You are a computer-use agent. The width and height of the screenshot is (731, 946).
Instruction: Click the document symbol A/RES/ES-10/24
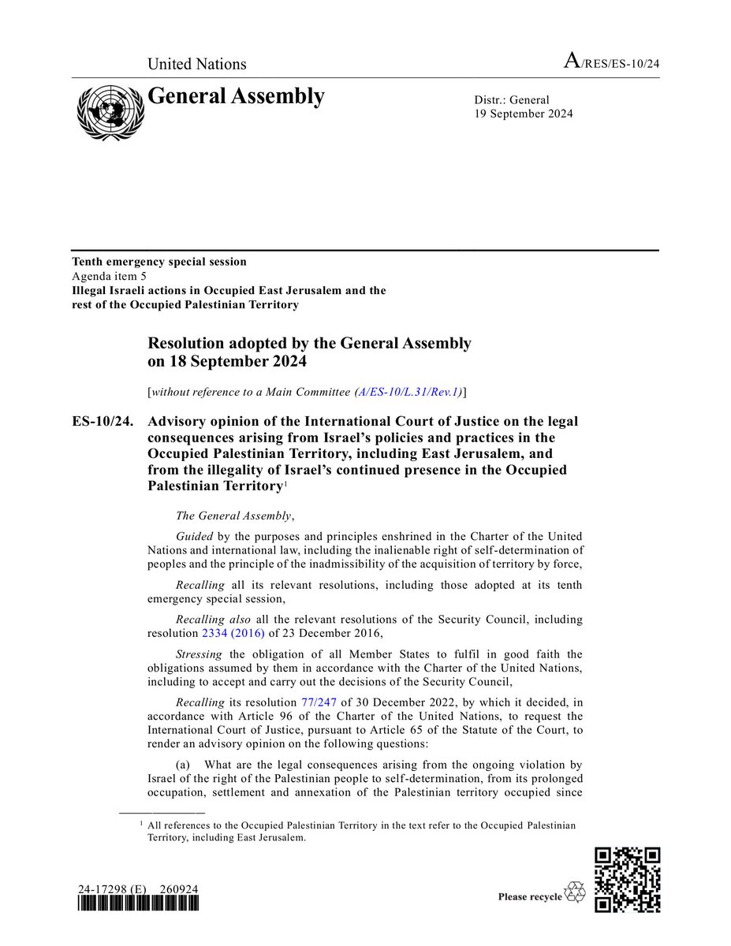610,64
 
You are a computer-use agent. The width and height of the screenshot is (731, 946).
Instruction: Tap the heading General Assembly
236,96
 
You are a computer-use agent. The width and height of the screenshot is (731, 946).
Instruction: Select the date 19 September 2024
524,114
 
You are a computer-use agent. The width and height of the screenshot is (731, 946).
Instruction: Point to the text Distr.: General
512,99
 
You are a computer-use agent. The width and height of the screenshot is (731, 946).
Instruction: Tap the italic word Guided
194,535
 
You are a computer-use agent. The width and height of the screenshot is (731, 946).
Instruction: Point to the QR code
627,879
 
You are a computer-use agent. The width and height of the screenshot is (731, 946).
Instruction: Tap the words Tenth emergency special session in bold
159,262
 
